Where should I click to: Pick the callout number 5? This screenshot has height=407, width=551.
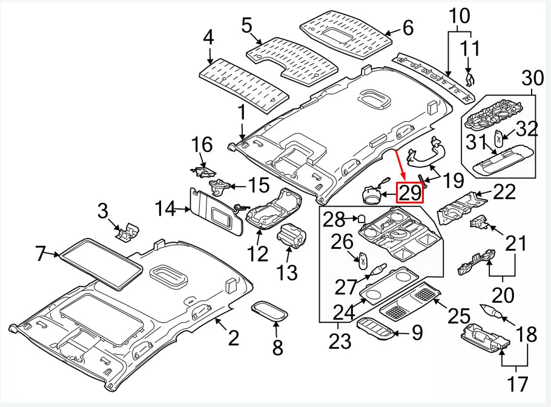point(246,26)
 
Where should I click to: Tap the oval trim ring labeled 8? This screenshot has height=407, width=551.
point(270,311)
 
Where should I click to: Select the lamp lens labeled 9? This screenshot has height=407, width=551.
point(375,329)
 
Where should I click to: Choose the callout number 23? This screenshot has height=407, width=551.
point(340,342)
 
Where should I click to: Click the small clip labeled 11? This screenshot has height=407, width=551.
point(470,78)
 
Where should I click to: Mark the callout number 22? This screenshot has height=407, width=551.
point(504,192)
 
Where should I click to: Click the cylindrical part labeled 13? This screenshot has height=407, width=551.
point(292,237)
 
